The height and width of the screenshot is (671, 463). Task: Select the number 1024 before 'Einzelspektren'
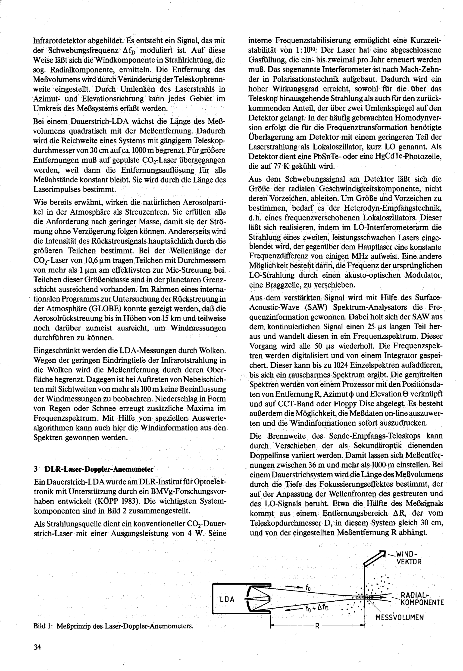(x=342, y=365)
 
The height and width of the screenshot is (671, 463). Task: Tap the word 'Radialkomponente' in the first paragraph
(x=80, y=70)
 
